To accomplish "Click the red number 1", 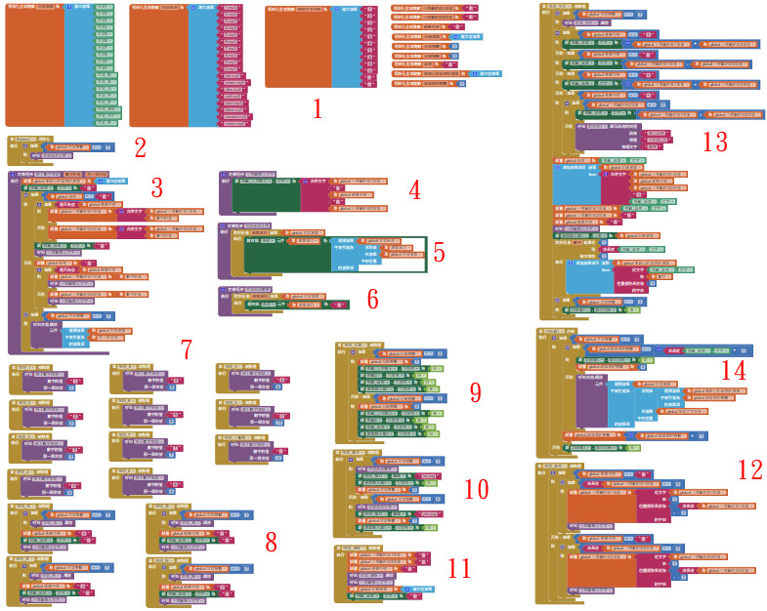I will tap(317, 108).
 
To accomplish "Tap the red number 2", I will tap(140, 149).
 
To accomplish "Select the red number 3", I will tap(156, 187).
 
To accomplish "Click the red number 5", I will tap(439, 253).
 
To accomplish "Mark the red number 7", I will tap(187, 349).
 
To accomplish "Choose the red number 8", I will tap(271, 541).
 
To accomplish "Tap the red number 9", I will tap(475, 392).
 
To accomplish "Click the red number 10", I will tap(476, 489).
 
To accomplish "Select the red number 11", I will tap(459, 568).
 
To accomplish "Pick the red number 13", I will tap(715, 143).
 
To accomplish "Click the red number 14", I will tap(733, 371).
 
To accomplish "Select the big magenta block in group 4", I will tap(313, 194).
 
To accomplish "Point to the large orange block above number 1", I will tap(297, 49).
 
